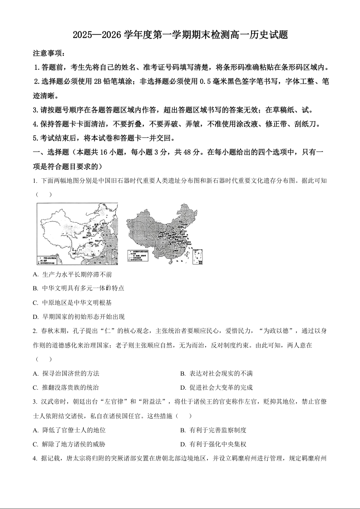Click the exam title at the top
click(x=180, y=35)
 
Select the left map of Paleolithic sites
click(x=77, y=234)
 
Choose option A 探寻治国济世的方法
click(x=66, y=374)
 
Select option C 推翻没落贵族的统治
click(x=66, y=388)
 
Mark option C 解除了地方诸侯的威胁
click(x=69, y=445)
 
